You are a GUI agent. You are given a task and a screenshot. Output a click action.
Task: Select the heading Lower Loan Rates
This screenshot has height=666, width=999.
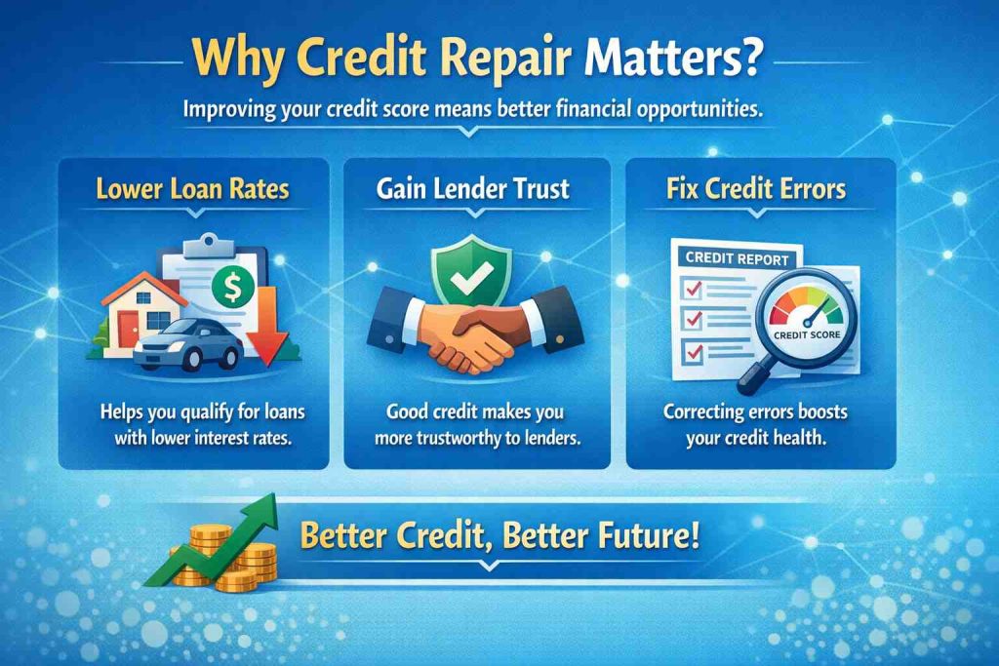point(192,187)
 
